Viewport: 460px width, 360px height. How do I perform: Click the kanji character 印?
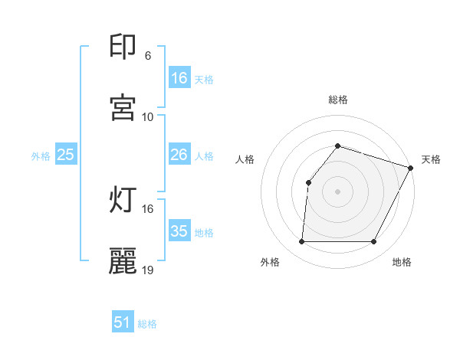coord(123,47)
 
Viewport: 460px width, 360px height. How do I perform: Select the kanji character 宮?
coord(123,108)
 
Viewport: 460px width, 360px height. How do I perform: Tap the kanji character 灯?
coord(123,200)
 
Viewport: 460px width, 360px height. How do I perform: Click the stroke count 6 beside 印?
coord(147,56)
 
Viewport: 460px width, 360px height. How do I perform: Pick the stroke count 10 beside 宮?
coord(147,117)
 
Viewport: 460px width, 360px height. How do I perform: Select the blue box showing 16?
coord(179,78)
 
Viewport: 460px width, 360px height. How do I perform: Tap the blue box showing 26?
coord(179,155)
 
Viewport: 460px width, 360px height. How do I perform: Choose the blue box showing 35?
coord(179,231)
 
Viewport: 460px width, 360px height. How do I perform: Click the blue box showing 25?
coord(66,155)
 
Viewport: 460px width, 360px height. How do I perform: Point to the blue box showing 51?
coord(123,322)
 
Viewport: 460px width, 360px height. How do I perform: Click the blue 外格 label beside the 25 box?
coord(41,156)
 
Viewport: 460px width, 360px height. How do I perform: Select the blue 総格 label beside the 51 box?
coord(147,324)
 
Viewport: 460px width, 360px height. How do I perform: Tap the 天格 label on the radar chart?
coord(431,159)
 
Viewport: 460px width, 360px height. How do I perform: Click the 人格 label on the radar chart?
coord(245,159)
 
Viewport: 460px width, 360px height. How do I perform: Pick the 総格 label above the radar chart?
coord(337,100)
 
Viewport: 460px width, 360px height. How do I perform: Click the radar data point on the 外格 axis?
coord(301,242)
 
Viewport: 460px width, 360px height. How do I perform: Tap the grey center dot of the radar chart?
coord(337,191)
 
